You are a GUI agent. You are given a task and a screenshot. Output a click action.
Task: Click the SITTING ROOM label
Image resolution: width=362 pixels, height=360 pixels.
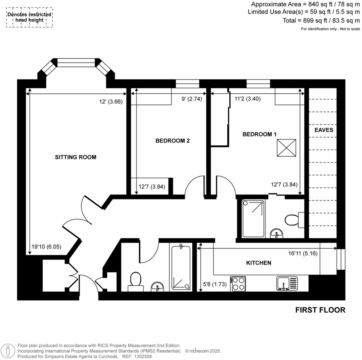coord(76,157)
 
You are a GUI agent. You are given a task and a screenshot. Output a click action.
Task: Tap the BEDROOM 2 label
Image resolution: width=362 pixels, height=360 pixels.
coord(173,141)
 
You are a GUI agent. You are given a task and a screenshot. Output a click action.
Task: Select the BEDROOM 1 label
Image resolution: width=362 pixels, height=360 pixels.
coord(259,134)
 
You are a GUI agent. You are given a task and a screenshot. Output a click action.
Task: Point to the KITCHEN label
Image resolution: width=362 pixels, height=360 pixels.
coord(258,263)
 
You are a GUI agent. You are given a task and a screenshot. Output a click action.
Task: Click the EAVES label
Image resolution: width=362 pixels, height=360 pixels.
coord(324,130)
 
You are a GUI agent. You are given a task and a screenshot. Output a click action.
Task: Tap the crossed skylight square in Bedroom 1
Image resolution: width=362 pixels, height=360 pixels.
coord(286,148)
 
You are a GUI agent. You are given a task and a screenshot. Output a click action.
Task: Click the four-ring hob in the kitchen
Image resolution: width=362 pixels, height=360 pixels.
coord(238,284)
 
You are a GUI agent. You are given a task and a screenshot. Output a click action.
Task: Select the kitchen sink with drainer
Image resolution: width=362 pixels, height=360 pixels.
coord(287,283)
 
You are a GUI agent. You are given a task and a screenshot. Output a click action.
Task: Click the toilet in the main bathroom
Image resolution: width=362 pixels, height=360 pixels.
coord(136,282)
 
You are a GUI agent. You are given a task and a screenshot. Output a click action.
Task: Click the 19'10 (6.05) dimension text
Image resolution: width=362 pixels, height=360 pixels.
coord(46,246)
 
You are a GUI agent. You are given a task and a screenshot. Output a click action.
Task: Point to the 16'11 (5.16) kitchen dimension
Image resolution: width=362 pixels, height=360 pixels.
coord(303,253)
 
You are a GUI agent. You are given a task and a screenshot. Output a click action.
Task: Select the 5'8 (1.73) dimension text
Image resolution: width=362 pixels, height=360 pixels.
coord(215,284)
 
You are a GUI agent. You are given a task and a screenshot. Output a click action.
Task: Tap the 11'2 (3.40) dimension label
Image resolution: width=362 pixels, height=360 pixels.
coord(247,99)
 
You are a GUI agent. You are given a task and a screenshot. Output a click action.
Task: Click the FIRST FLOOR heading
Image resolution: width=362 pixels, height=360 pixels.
coord(320,310)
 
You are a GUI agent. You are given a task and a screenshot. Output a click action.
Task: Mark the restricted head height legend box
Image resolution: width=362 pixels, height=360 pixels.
coord(29,17)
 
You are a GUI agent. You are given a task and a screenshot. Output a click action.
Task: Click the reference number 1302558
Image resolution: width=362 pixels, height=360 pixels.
coord(144,356)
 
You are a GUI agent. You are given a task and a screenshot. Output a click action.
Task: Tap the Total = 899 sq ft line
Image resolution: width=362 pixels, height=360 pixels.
coord(321,21)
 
